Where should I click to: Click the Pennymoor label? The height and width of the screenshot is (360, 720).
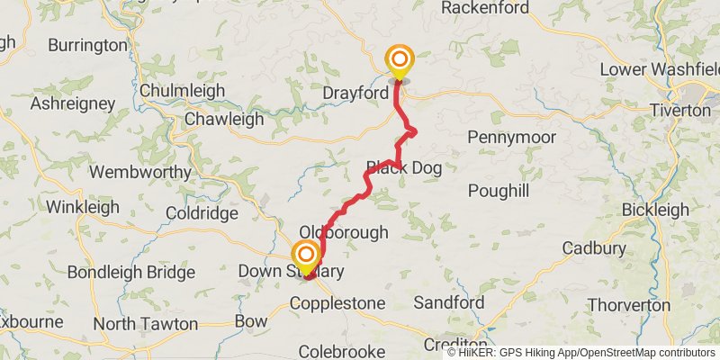(511, 137)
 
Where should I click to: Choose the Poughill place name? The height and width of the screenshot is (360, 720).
(498, 192)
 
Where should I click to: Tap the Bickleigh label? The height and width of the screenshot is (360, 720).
(654, 210)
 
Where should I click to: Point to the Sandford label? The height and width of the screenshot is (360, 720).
(449, 302)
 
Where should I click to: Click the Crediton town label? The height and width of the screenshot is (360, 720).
(455, 345)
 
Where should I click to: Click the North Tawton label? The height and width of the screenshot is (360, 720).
(145, 323)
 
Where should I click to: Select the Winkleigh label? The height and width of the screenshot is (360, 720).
(83, 207)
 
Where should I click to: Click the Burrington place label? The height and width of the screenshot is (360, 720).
(88, 44)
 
